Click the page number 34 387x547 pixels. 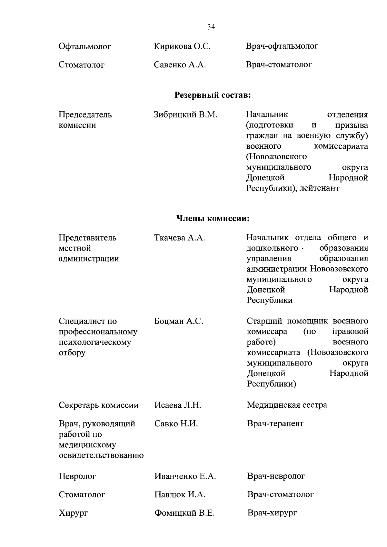[211, 27]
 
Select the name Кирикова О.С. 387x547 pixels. [182, 46]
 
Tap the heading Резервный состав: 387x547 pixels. [213, 95]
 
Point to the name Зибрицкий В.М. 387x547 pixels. [186, 114]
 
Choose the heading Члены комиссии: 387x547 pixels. [213, 219]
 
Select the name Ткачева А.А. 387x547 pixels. [180, 238]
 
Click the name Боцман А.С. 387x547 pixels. [179, 321]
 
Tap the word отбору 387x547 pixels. [72, 353]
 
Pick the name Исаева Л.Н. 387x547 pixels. [178, 405]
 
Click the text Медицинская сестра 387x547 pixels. [287, 405]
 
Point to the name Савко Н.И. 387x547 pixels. [176, 424]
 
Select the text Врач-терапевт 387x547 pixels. [275, 423]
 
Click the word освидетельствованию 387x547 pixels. [101, 455]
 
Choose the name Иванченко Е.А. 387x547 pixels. [185, 476]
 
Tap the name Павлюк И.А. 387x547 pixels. [180, 494]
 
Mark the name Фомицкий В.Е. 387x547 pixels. [184, 513]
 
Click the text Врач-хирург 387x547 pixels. [272, 513]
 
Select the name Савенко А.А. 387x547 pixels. [180, 65]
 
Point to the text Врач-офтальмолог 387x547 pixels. [282, 46]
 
